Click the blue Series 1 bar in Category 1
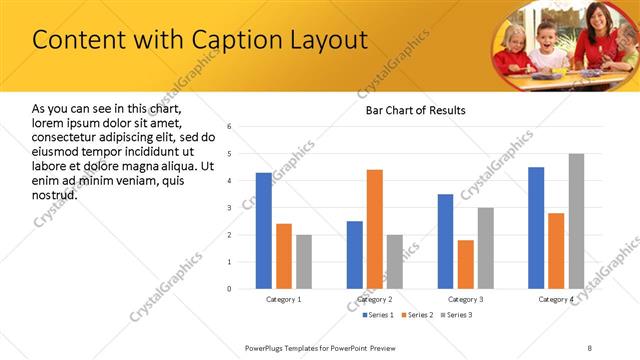(x=263, y=231)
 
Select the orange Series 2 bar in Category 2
(x=375, y=229)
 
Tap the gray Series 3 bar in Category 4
(x=576, y=221)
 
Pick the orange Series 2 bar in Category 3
(x=466, y=264)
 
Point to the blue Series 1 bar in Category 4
(x=536, y=228)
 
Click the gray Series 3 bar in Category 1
(x=303, y=262)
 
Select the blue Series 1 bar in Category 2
(x=355, y=255)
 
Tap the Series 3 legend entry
(x=456, y=316)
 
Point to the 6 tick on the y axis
(x=229, y=127)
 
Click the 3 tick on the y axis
(x=229, y=208)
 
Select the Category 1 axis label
(x=283, y=299)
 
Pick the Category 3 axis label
(x=466, y=299)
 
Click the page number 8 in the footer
(x=590, y=346)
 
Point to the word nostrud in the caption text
(x=55, y=194)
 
